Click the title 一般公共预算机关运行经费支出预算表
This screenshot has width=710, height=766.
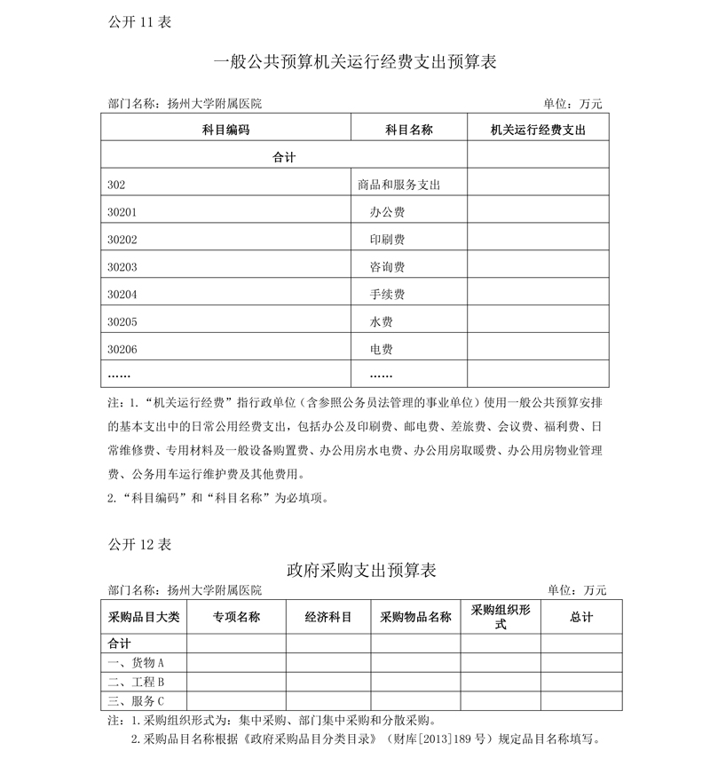click(355, 63)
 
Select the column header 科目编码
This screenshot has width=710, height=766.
click(225, 130)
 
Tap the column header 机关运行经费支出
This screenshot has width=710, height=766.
click(538, 130)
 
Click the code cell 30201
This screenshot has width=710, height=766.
click(122, 212)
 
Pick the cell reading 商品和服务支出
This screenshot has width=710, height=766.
click(398, 185)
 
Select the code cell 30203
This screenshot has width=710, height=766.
click(122, 267)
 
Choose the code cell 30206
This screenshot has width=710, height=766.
click(122, 349)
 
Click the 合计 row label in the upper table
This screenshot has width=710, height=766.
click(283, 157)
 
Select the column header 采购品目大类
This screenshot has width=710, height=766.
click(144, 617)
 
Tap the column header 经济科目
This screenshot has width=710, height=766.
click(328, 617)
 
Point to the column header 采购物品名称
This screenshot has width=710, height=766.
click(415, 617)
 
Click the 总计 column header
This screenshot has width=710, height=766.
click(581, 617)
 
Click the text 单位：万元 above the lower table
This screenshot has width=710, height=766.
click(576, 590)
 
